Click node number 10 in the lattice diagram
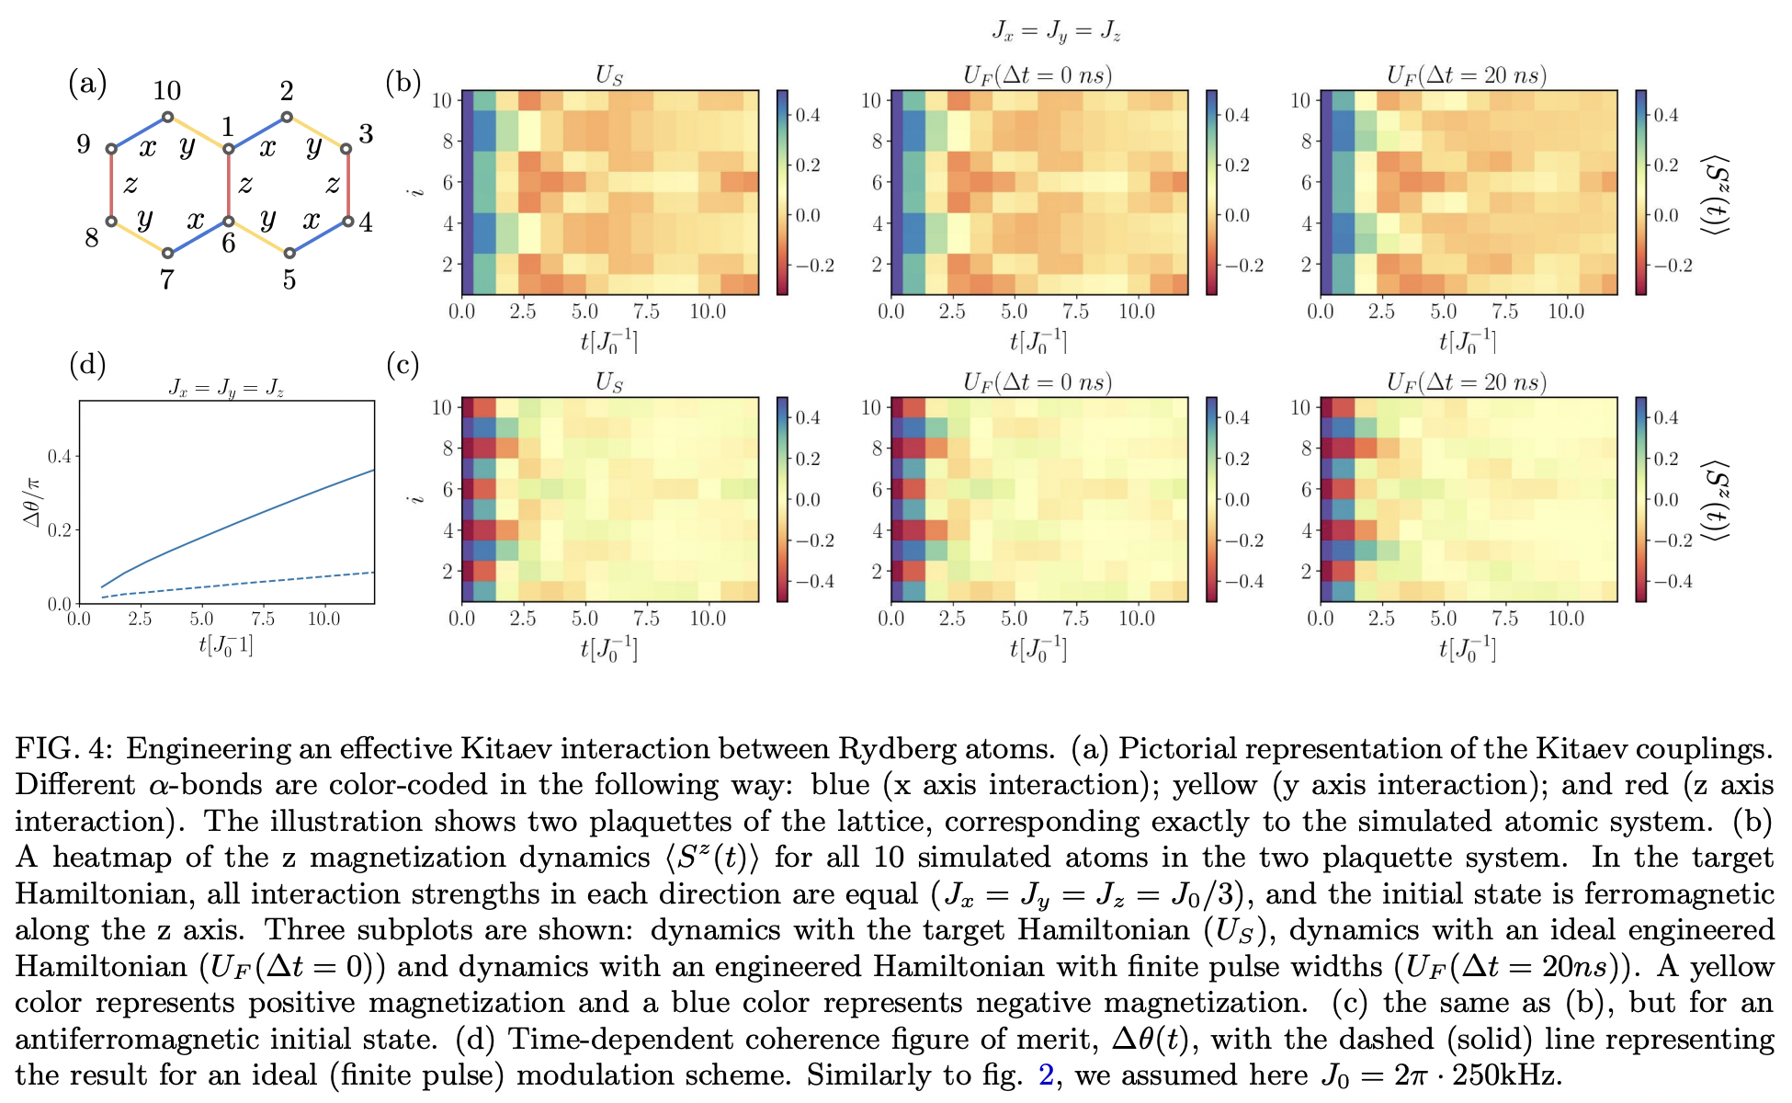[167, 117]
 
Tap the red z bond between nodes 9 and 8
[111, 185]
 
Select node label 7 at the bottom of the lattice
[166, 279]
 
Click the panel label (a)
[87, 84]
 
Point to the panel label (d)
[87, 365]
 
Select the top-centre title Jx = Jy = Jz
[1056, 31]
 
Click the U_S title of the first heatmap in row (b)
[609, 75]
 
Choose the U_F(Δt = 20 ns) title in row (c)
[1466, 382]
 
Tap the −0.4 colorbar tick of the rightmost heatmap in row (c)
[1673, 581]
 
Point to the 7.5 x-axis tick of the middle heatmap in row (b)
[1075, 312]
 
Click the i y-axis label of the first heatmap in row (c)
[418, 499]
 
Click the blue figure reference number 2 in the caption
[1045, 1075]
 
